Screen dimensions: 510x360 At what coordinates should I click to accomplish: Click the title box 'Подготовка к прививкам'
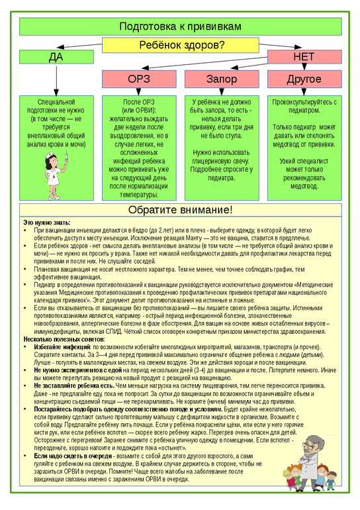pyautogui.click(x=179, y=26)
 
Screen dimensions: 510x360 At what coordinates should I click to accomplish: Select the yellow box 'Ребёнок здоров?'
pyautogui.click(x=180, y=45)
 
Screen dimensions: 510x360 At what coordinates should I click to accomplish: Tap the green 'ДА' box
pyautogui.click(x=56, y=57)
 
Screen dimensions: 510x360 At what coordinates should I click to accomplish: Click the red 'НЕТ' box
pyautogui.click(x=304, y=57)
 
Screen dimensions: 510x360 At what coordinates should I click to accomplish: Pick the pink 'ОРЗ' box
pyautogui.click(x=139, y=79)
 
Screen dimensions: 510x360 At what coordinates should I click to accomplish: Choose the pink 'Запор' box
pyautogui.click(x=221, y=79)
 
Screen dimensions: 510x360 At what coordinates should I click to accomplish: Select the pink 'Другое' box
pyautogui.click(x=304, y=79)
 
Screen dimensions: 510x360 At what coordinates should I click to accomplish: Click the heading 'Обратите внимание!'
pyautogui.click(x=179, y=210)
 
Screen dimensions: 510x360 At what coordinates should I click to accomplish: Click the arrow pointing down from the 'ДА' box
pyautogui.click(x=56, y=79)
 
